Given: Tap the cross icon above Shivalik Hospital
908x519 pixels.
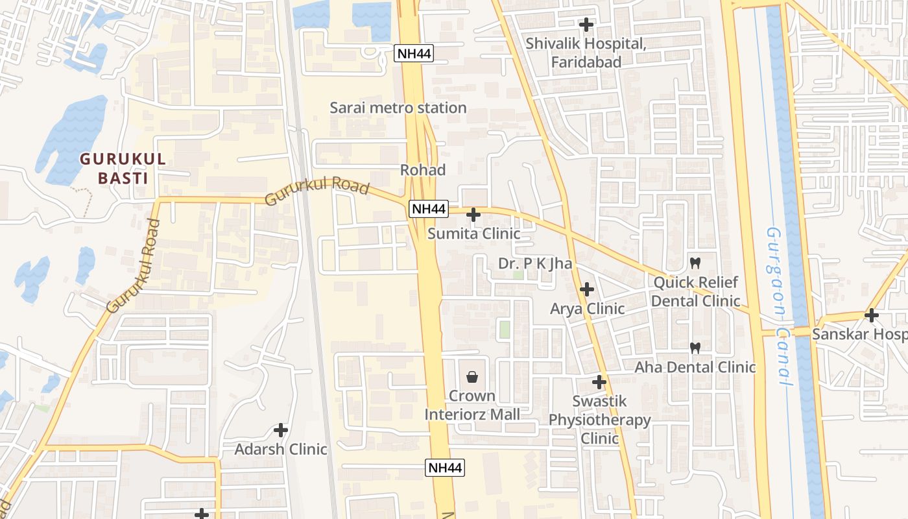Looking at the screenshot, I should click(x=586, y=25).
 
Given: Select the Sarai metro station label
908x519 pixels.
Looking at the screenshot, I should click(x=398, y=108).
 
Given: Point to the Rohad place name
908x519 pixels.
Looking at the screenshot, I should click(x=423, y=170).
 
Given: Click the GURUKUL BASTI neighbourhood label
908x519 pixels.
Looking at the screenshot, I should click(x=123, y=168).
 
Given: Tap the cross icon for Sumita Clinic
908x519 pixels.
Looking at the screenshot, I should click(x=473, y=214).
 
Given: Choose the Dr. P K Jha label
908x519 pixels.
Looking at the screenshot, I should click(x=535, y=263).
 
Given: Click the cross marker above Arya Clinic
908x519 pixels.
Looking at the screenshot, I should click(x=587, y=289).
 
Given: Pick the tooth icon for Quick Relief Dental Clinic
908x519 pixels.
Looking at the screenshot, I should click(x=695, y=263).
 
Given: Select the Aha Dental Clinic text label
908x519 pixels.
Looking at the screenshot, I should click(x=695, y=367).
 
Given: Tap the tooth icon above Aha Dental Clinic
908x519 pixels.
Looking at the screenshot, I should click(x=695, y=348).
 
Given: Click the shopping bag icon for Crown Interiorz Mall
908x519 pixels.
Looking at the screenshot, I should click(x=472, y=377).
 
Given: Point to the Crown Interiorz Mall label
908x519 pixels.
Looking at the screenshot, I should click(x=472, y=405).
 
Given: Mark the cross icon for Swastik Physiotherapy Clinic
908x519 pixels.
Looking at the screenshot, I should click(x=599, y=382).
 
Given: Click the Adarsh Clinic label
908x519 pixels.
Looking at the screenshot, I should click(x=281, y=449).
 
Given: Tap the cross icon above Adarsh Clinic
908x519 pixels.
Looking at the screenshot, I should click(x=281, y=429).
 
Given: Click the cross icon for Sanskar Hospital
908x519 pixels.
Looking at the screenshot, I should click(x=872, y=315).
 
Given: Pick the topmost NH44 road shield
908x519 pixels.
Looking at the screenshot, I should click(x=414, y=53).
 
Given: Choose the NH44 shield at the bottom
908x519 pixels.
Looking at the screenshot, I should click(x=445, y=467).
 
